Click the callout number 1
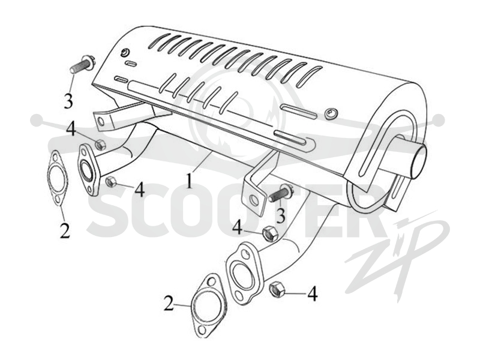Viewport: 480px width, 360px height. click(x=190, y=181)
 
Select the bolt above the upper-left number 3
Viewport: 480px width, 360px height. click(x=83, y=65)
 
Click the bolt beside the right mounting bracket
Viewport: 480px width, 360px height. click(x=281, y=194)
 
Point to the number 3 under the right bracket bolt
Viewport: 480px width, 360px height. click(x=280, y=215)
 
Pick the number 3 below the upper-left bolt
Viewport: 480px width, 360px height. click(x=68, y=100)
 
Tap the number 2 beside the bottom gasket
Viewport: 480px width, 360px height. click(x=169, y=303)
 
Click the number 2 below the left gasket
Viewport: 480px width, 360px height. click(x=65, y=230)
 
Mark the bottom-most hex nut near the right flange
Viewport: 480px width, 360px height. click(x=277, y=289)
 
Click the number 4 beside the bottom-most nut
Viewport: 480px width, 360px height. click(x=312, y=293)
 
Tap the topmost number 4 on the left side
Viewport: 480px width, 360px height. click(x=71, y=129)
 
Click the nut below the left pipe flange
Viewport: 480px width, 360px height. click(x=110, y=182)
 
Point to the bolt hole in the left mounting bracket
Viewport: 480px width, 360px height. click(x=100, y=121)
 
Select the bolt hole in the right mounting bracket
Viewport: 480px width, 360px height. click(x=254, y=200)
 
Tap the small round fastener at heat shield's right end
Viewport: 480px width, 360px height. click(x=331, y=113)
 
